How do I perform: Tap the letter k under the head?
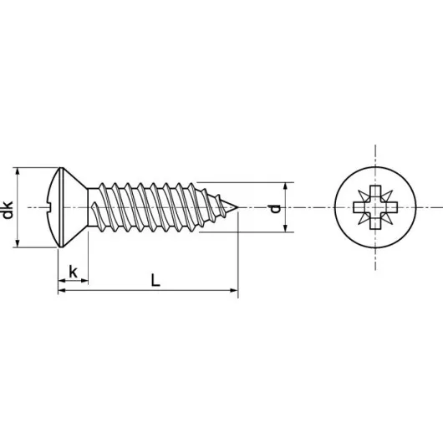pos(74,272)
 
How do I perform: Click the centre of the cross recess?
pos(374,206)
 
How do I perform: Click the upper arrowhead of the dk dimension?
pos(18,170)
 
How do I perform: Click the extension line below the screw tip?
pos(238,259)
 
